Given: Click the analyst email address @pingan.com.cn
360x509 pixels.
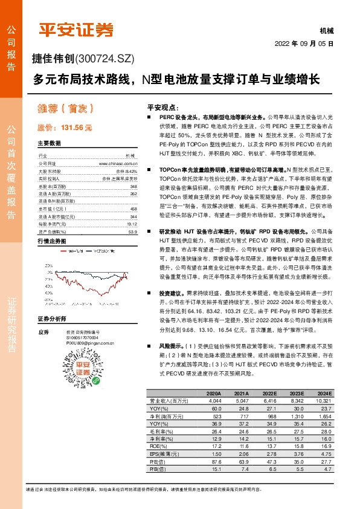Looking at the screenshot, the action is point(94,342).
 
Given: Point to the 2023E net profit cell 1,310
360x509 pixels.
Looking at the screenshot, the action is point(295,417).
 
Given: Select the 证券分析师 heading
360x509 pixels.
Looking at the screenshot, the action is point(51,319).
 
